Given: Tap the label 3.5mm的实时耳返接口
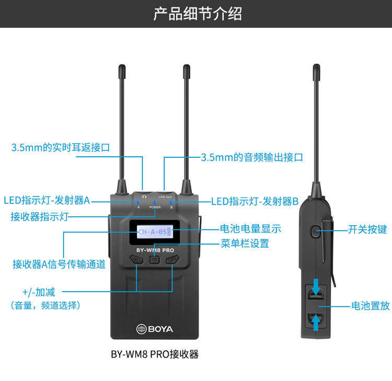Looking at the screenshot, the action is tap(61, 147).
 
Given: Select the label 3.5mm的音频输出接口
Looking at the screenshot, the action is tap(252, 157).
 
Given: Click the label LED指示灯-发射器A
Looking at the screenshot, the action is tap(47, 200).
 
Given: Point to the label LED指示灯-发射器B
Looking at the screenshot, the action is tap(255, 201).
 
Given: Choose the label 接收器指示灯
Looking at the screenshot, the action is tap(40, 216).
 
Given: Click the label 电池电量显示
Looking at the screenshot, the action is tap(250, 228).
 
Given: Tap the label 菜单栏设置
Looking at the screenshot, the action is tap(245, 243).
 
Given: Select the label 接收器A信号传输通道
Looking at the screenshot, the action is tap(59, 264).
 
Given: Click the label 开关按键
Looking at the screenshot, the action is tap(367, 229).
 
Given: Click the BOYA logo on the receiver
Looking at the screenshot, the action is tap(155, 329).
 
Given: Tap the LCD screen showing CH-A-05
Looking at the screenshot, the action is tap(155, 232).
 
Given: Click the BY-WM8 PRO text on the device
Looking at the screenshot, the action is tap(155, 250).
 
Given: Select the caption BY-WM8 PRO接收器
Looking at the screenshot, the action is tap(155, 354).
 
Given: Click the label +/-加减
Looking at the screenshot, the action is tap(39, 291).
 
